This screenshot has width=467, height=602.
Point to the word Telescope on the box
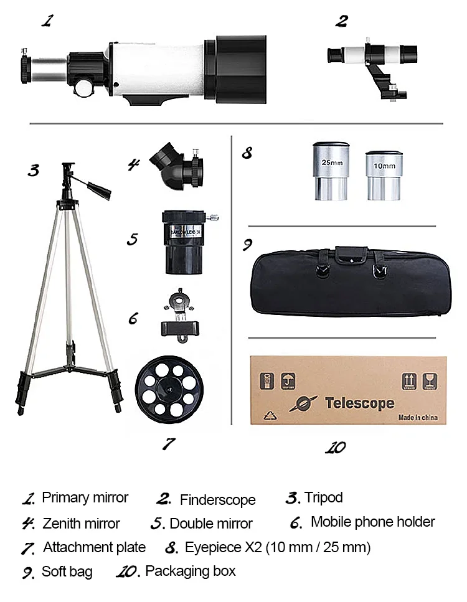point(359,403)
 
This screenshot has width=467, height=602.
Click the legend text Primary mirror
point(85,498)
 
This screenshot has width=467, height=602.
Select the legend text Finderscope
point(217,500)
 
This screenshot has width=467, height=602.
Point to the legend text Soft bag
point(67,571)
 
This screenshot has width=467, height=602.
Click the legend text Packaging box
point(190,571)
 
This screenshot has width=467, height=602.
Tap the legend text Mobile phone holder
point(372,522)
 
